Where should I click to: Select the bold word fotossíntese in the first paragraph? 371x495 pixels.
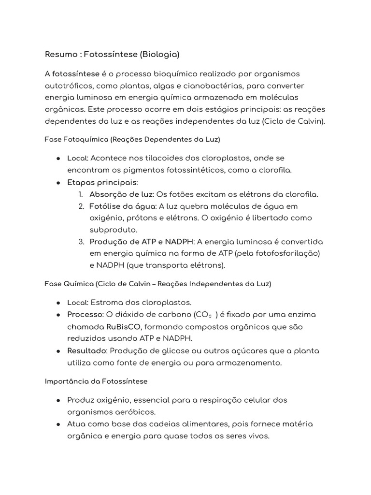tap(76, 74)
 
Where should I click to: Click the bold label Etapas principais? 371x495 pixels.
tap(102, 182)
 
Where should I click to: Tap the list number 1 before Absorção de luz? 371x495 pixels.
tap(81, 194)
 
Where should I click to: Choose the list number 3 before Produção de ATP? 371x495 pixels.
tap(81, 242)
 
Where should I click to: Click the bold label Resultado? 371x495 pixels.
tap(85, 350)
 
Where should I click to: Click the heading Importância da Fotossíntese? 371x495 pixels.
tap(96, 381)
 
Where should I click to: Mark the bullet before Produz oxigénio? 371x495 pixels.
tap(58, 400)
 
